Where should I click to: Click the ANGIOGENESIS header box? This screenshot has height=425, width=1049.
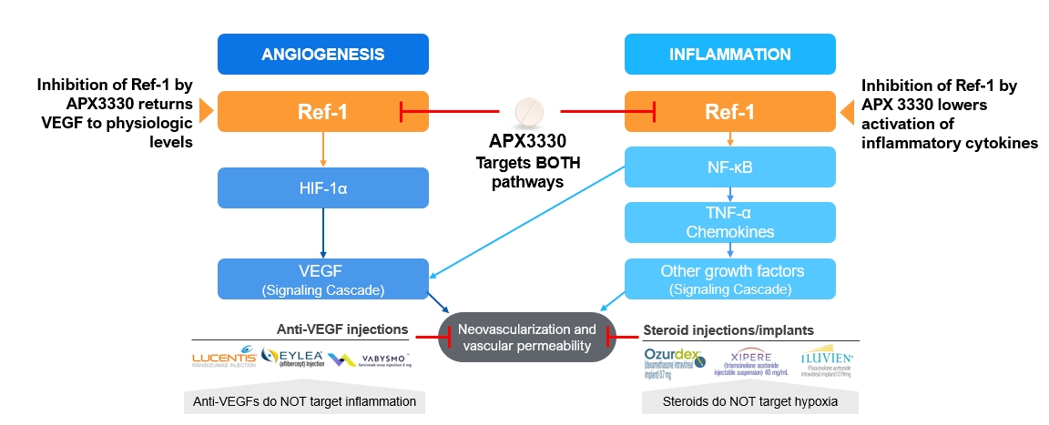[322, 54]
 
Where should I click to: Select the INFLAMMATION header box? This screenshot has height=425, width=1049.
[729, 54]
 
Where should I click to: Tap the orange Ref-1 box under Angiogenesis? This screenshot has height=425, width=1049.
[322, 112]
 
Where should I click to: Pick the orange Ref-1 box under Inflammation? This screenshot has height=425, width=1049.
[729, 112]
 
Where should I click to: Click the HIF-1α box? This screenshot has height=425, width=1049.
[322, 187]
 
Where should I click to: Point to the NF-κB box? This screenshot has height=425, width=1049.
[729, 166]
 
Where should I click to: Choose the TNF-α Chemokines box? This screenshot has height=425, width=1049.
[729, 220]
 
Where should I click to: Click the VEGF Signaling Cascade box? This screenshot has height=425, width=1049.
[322, 278]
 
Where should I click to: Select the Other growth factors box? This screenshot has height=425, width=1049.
[729, 278]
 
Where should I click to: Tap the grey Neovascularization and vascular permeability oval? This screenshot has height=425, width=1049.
[527, 338]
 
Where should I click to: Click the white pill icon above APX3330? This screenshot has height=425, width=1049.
[527, 112]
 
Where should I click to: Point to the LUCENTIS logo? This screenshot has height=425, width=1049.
[223, 362]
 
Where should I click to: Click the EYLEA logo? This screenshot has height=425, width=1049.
[292, 358]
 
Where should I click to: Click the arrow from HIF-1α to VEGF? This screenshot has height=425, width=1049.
[322, 232]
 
